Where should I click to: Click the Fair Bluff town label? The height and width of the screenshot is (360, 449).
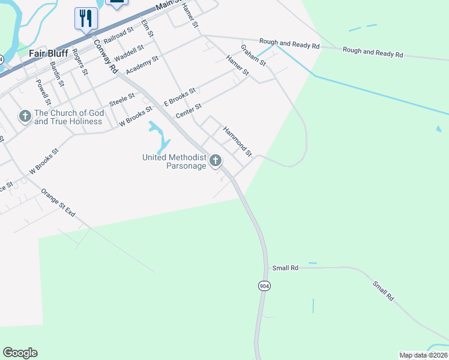coord(49,53)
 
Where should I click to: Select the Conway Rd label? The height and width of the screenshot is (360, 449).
coord(105,57)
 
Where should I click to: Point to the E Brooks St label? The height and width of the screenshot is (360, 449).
coord(180,97)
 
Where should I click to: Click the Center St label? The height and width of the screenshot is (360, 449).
coord(188,110)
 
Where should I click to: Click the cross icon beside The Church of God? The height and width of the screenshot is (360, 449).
coord(25,115)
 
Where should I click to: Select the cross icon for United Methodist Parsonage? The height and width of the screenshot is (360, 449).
coord(215,161)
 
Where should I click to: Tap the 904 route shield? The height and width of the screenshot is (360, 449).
coord(264,286)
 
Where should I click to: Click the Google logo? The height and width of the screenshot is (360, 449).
coord(20,353)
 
